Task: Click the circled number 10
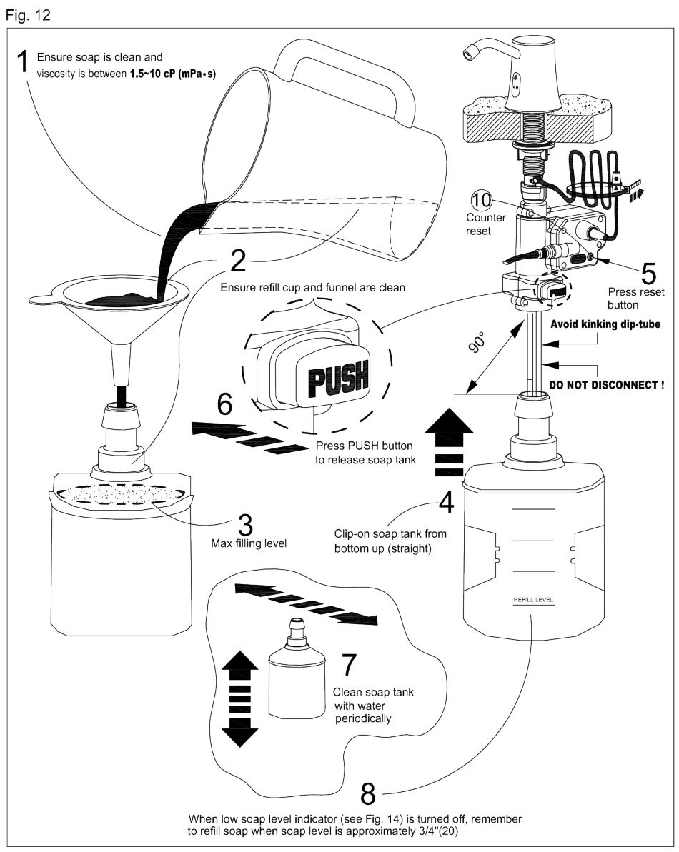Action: [481, 199]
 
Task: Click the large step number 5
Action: [626, 271]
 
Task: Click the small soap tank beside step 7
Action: [295, 671]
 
